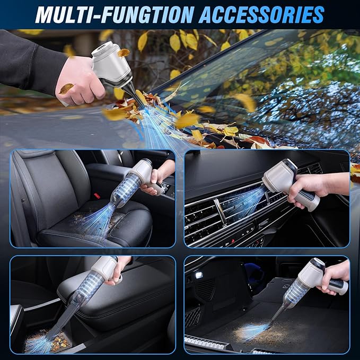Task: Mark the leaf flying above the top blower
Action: (124, 52)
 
